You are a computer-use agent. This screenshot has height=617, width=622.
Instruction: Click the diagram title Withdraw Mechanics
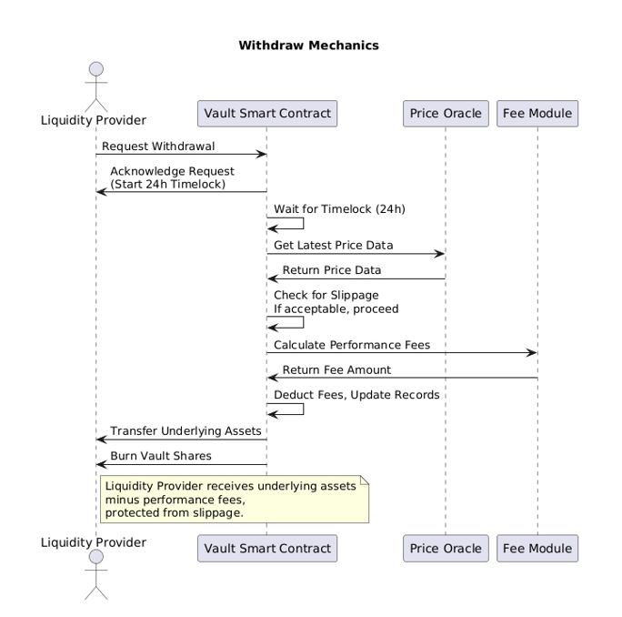point(308,45)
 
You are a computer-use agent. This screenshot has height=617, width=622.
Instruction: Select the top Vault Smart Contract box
point(266,114)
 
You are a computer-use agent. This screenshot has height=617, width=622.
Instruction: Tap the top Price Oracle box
point(446,114)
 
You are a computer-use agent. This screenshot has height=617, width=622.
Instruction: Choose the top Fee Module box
point(537,114)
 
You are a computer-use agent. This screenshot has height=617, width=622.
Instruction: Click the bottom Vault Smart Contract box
point(266,548)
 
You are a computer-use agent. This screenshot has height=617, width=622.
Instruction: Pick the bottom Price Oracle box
point(446,548)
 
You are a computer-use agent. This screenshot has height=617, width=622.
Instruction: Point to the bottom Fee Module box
point(537,548)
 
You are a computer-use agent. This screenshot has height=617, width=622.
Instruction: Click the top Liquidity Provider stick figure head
point(95,69)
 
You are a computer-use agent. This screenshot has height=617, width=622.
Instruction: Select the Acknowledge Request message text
point(172,171)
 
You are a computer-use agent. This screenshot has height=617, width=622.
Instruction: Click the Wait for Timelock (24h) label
point(339,209)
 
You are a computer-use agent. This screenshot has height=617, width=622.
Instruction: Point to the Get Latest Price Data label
point(334,246)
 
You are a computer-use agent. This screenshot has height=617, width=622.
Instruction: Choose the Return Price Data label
point(332,270)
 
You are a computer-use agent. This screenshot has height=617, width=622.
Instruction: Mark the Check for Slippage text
point(326,295)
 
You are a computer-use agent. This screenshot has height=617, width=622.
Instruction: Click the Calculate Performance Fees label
point(352,345)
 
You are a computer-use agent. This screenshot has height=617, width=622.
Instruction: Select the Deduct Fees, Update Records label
point(357,395)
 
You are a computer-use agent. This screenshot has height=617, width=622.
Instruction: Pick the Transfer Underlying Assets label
point(186,430)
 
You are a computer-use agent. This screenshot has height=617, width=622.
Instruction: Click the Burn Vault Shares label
point(162,455)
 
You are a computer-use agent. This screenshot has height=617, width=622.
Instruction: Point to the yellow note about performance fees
point(234,499)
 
